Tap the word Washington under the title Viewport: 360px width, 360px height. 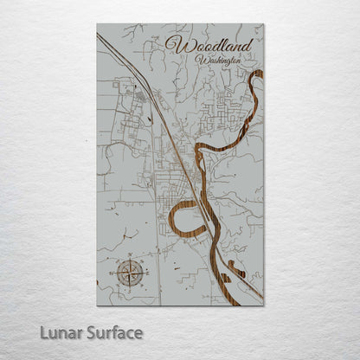[217, 61]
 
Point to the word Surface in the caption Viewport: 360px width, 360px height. [111, 333]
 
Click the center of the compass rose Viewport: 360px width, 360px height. [131, 273]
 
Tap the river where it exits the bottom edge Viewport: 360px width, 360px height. [258, 299]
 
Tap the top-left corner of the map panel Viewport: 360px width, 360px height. [97, 24]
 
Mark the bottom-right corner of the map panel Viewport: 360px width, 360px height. [264, 305]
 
